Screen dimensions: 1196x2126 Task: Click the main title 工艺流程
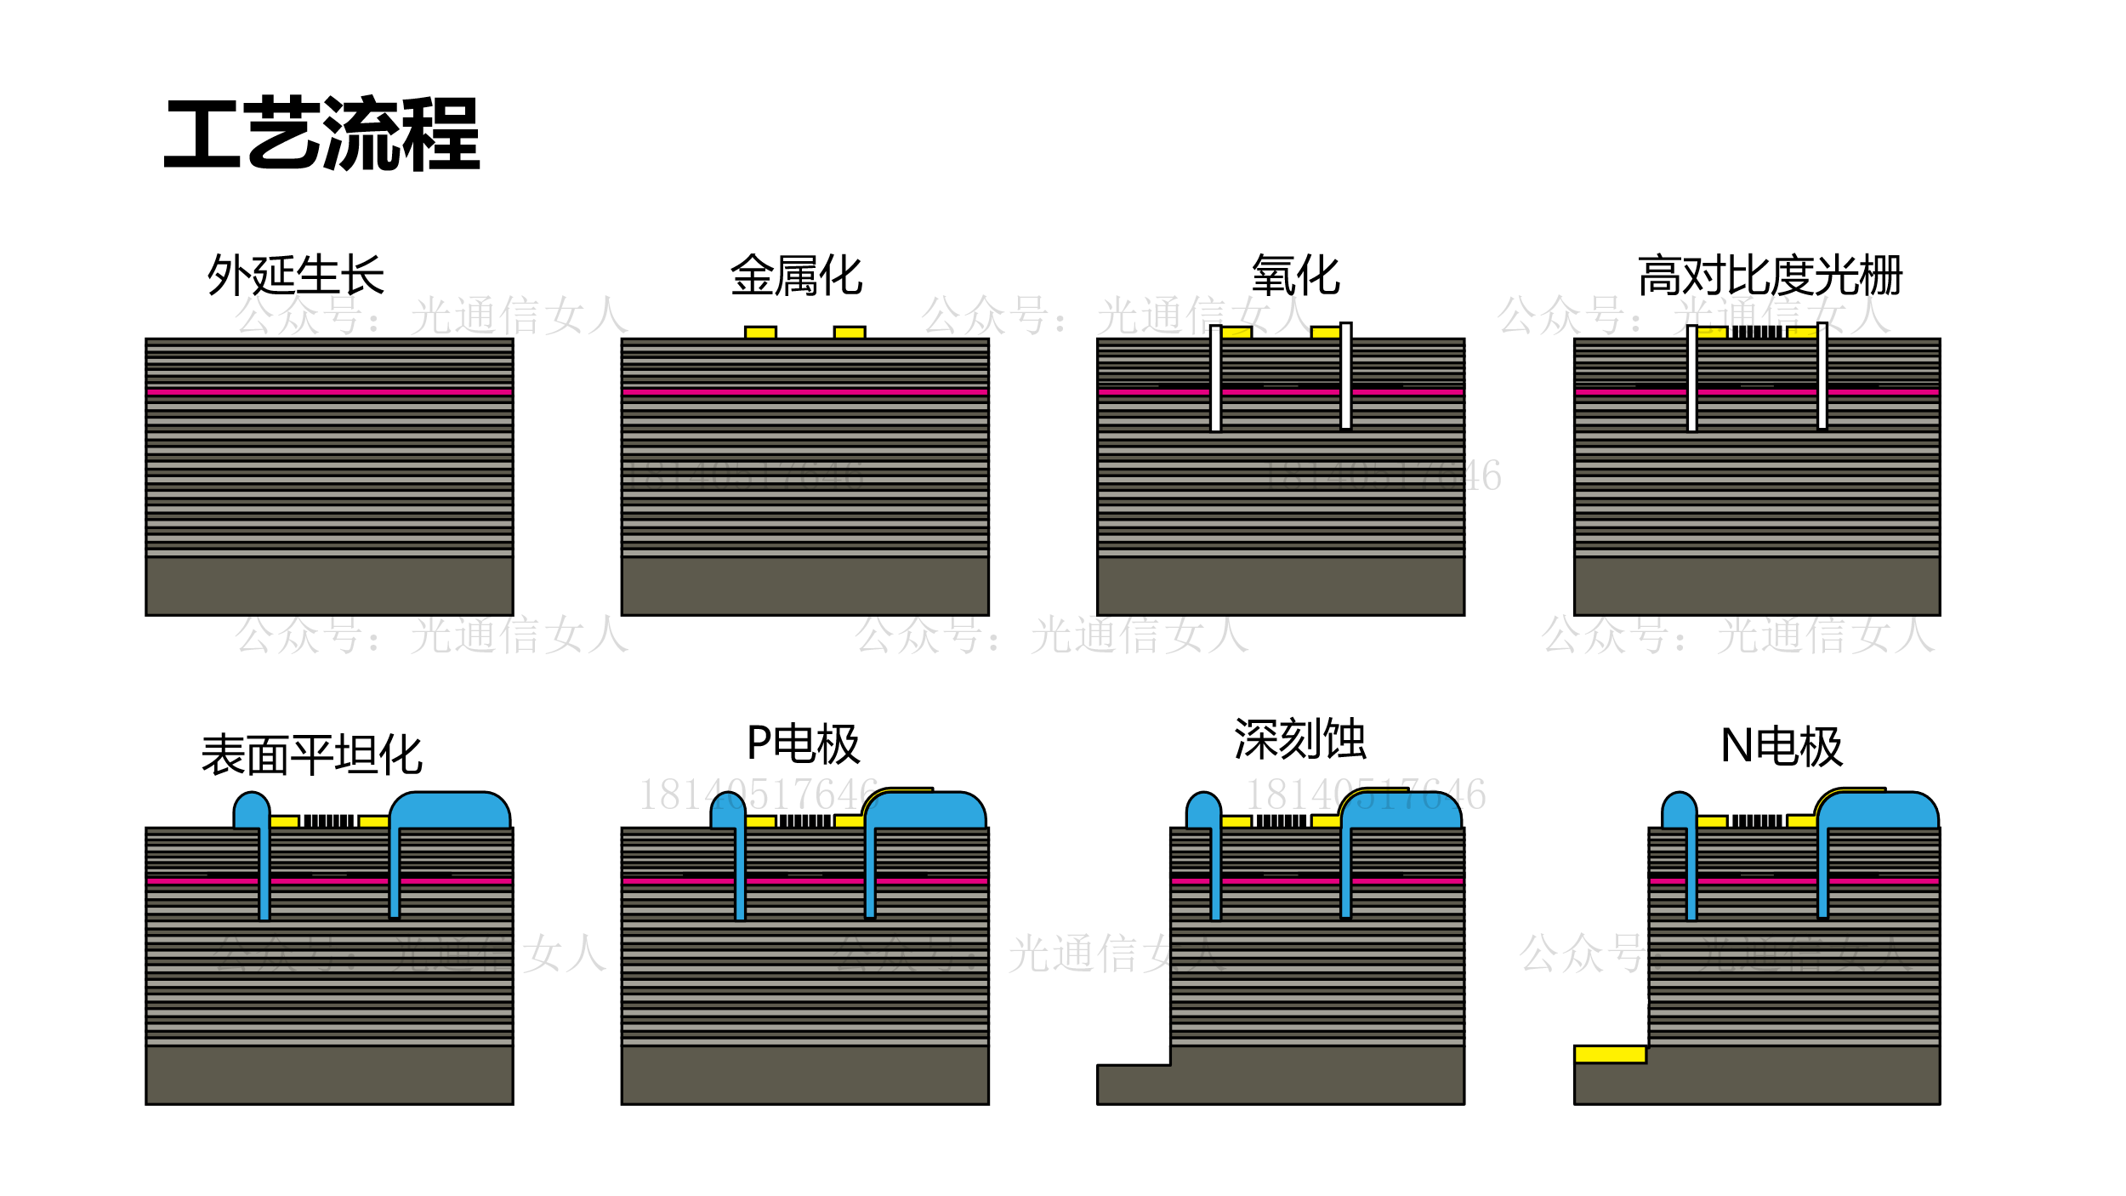point(321,134)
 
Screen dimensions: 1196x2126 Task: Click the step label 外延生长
point(295,275)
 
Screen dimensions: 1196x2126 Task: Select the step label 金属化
point(797,275)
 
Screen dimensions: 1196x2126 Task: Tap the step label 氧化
point(1295,275)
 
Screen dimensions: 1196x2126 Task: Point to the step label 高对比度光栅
point(1770,275)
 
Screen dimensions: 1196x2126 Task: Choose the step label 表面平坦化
point(311,755)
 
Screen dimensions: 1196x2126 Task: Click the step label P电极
point(803,744)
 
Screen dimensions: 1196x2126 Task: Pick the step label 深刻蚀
point(1299,738)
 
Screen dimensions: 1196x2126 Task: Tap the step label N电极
point(1782,746)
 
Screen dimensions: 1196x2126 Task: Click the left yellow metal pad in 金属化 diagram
point(760,333)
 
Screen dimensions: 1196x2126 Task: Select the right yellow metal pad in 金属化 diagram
point(850,333)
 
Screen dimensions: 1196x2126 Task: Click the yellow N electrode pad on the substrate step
point(1610,1055)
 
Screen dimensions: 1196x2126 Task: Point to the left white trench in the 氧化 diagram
point(1216,379)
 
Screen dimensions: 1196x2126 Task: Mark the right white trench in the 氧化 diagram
point(1346,376)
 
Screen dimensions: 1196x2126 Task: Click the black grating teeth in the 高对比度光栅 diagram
point(1757,332)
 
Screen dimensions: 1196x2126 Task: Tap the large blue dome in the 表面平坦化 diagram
point(450,811)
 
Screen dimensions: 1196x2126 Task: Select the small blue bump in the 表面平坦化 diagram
point(252,811)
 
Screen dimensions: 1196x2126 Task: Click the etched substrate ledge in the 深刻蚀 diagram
point(1133,1085)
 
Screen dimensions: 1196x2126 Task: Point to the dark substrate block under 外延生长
point(329,586)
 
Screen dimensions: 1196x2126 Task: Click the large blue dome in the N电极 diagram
point(1879,811)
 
